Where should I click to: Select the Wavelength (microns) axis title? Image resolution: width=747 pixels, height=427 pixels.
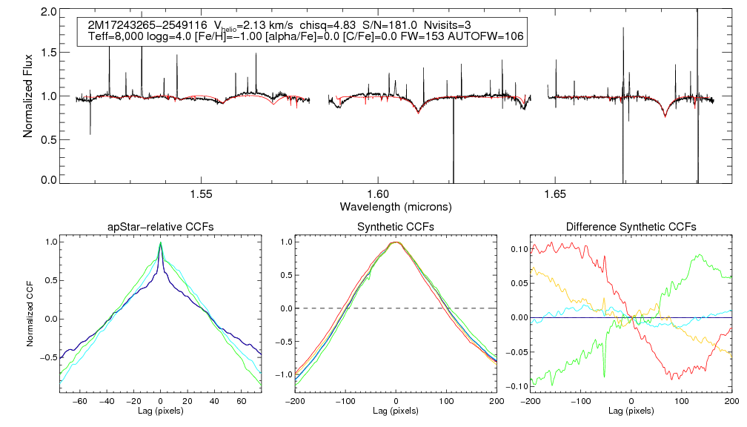point(395,205)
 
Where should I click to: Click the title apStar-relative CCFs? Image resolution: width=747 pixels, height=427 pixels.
point(160,226)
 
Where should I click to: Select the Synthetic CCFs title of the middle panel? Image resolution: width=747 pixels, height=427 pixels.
point(396,226)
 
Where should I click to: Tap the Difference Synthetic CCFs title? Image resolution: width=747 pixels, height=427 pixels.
point(631,226)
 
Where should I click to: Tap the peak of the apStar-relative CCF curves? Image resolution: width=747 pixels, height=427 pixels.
point(161,243)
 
